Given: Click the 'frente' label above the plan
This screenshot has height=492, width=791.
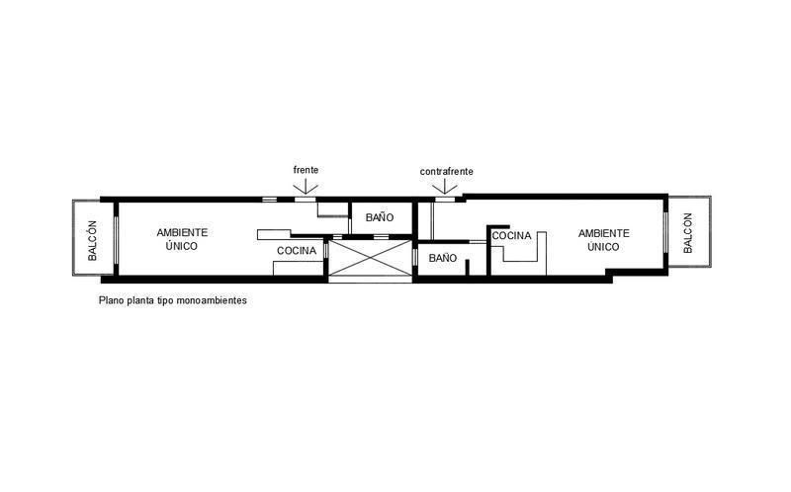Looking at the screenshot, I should (x=306, y=170).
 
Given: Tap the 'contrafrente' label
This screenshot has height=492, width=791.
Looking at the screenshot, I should (x=446, y=171).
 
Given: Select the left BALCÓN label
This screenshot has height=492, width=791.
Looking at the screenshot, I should (x=92, y=239).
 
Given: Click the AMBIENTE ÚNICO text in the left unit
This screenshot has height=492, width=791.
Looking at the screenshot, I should (x=183, y=239).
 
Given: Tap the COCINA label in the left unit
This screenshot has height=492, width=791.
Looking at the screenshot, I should (x=297, y=251).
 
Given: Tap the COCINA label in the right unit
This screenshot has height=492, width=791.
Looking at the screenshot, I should (x=511, y=236).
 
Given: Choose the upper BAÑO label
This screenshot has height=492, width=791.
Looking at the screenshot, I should (x=380, y=216).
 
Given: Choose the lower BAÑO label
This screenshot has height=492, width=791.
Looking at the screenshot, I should (x=442, y=258).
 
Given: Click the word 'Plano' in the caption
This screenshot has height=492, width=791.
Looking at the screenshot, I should (x=111, y=300).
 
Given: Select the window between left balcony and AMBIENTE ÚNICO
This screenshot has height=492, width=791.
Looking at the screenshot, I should (x=117, y=239).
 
